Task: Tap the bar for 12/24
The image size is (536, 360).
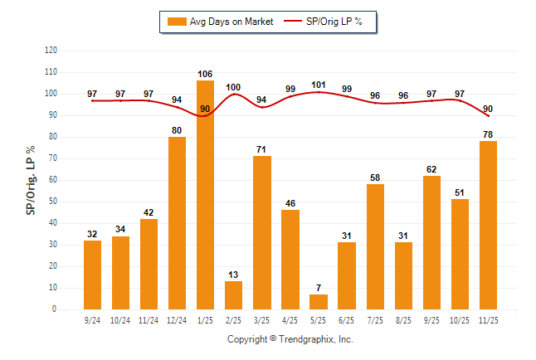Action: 177,223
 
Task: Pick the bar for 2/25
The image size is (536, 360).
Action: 233,295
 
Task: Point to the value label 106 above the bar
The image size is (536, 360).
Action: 205,74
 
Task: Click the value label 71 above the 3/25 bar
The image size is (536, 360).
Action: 261,149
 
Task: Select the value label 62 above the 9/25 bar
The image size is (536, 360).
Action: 431,169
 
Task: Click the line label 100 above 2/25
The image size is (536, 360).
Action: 233,87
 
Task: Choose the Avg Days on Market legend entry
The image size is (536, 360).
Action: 219,22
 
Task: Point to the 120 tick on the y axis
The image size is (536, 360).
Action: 51,50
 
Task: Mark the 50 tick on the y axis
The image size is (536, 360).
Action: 54,202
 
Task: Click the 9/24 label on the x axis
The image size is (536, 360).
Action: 92,320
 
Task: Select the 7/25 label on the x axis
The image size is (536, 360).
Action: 375,320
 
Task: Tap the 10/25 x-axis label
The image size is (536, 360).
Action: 460,320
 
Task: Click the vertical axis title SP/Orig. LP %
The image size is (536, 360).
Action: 31,180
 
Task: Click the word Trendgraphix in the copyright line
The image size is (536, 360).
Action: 308,339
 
